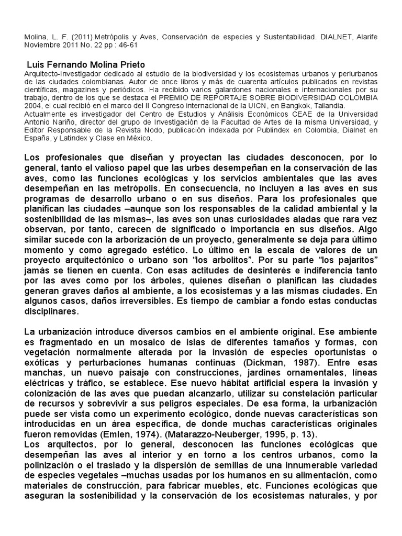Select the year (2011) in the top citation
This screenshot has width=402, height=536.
[74, 38]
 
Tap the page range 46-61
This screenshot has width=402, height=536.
[118, 46]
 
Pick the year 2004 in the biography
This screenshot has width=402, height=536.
[34, 104]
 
